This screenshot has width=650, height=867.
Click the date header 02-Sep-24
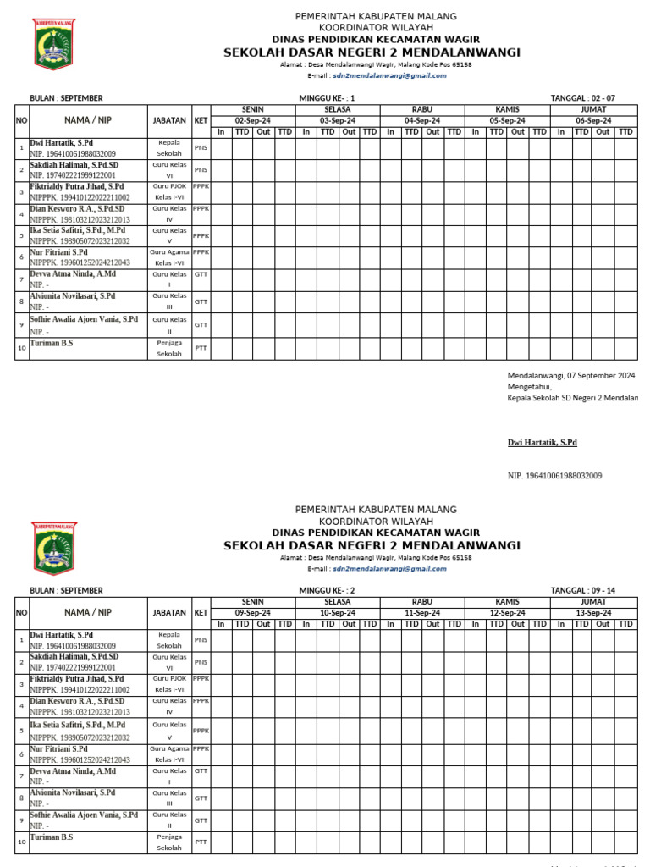click(252, 121)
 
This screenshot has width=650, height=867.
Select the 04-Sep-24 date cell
click(422, 121)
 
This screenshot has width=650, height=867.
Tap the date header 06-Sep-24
click(593, 121)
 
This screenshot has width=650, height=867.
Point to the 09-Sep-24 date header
click(252, 613)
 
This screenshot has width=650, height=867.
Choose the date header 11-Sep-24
click(422, 613)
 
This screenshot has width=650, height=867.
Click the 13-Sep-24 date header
click(593, 613)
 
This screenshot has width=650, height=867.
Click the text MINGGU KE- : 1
click(328, 98)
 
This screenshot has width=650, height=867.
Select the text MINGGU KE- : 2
click(328, 590)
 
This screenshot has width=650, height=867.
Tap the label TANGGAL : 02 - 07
click(582, 98)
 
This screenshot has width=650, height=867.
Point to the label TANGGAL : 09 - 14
click(582, 590)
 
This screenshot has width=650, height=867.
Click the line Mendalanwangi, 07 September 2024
click(571, 375)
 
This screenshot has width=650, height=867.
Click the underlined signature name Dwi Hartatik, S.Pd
click(542, 443)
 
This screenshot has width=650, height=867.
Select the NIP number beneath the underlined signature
click(554, 476)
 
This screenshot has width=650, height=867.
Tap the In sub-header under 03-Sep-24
click(306, 132)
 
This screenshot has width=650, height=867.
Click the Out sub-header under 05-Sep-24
click(518, 132)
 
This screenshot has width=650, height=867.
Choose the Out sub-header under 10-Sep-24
click(349, 624)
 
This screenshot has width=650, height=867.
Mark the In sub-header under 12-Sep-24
click(476, 624)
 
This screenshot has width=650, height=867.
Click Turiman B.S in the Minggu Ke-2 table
click(52, 837)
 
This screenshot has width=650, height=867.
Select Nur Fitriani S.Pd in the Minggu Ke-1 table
click(58, 252)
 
